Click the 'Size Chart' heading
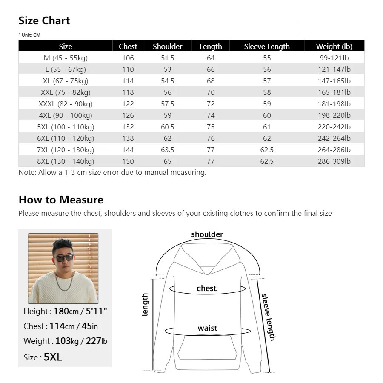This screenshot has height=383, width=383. click(x=44, y=21)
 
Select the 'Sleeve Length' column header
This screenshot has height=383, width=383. click(x=267, y=46)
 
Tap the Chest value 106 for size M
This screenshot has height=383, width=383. click(x=128, y=58)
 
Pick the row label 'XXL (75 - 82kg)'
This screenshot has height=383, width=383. click(x=66, y=92)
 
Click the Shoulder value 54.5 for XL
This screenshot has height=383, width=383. click(x=167, y=81)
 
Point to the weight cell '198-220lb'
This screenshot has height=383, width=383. click(x=334, y=115)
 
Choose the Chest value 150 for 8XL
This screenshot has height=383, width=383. click(x=128, y=161)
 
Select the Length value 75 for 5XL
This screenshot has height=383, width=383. click(x=211, y=127)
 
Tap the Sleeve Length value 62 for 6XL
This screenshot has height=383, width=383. click(x=267, y=138)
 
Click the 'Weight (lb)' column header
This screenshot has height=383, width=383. click(x=334, y=46)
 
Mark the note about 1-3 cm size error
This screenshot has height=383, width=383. click(x=112, y=173)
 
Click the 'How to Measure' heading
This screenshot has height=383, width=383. click(x=61, y=200)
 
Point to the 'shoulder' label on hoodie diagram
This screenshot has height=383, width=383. click(x=207, y=234)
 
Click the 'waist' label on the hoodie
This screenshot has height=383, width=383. click(x=207, y=328)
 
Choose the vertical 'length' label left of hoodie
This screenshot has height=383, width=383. click(x=145, y=304)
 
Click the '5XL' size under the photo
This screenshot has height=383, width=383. click(x=53, y=357)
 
